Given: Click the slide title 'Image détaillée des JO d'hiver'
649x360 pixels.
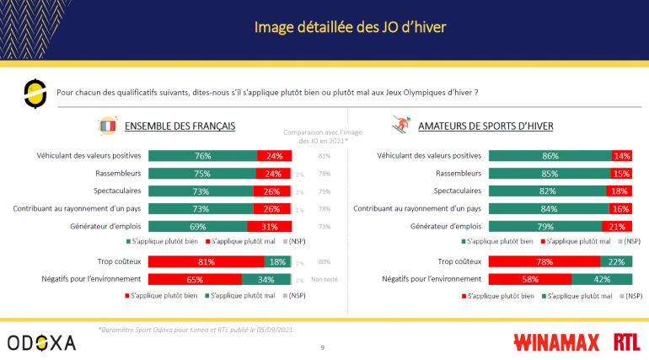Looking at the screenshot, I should click(350, 28).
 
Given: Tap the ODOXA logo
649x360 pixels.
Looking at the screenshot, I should click(41, 341).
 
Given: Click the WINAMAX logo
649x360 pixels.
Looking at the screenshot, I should click(556, 341).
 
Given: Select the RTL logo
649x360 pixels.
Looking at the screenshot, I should click(625, 341).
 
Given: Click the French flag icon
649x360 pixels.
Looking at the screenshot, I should click(107, 126).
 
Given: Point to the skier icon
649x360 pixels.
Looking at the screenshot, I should click(401, 126).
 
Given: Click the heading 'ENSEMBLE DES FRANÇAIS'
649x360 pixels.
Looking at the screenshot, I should click(180, 126).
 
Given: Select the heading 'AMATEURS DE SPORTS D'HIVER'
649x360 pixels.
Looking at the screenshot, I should click(487, 126).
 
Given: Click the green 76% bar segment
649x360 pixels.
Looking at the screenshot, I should click(203, 156).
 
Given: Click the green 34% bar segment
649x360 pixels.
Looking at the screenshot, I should click(266, 278).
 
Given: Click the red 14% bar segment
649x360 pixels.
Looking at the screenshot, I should click(622, 156).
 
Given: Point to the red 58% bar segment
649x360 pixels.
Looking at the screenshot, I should click(529, 278).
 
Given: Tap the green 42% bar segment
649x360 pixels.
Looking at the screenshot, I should click(602, 278).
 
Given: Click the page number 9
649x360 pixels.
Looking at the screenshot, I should click(324, 347).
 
